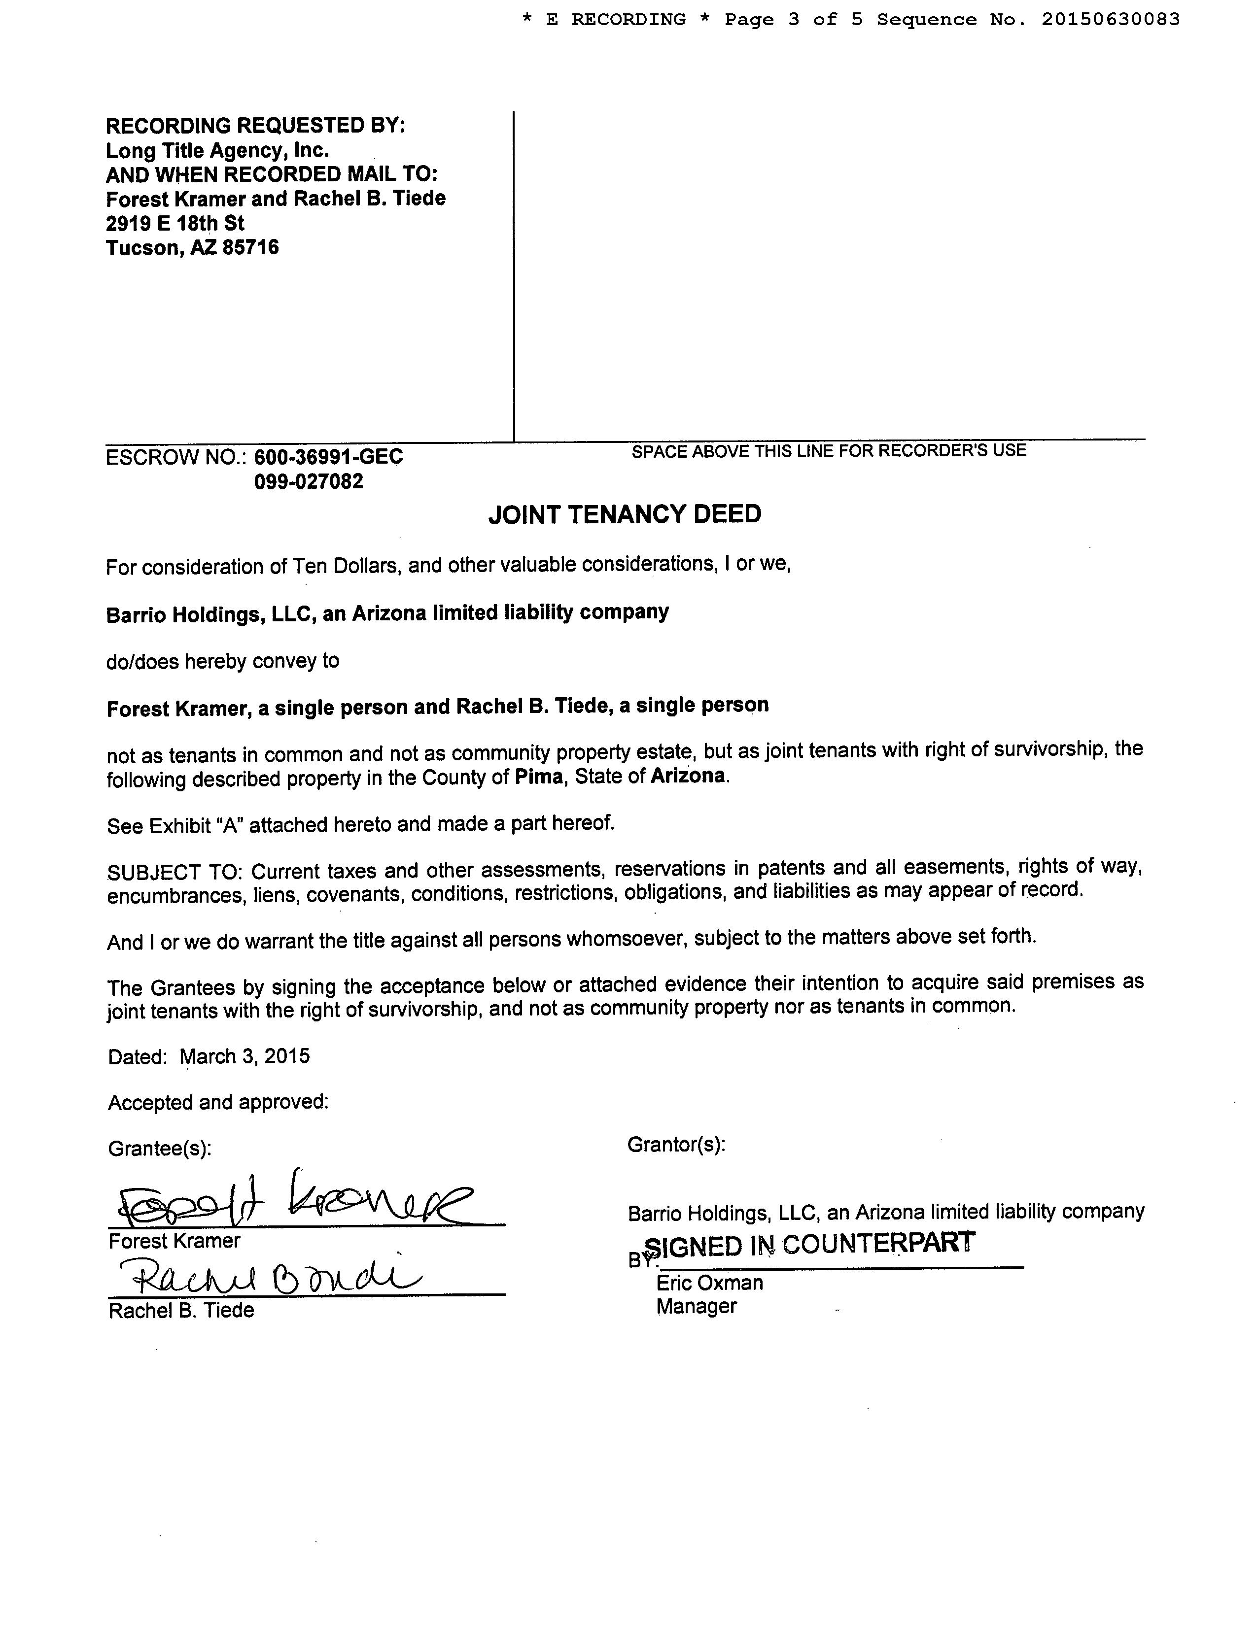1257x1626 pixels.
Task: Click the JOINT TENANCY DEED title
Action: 624,514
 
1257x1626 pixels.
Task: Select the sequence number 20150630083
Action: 1110,20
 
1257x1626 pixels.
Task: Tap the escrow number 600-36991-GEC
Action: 328,457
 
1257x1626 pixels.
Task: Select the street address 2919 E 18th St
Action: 175,223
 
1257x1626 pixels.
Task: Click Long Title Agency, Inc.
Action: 217,150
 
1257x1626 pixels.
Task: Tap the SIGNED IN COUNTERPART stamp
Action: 809,1244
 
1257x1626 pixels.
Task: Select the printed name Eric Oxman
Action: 709,1283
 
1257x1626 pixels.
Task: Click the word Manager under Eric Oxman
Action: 696,1307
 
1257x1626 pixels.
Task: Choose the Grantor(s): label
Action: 676,1144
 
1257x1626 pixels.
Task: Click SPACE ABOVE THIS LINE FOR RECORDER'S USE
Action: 828,450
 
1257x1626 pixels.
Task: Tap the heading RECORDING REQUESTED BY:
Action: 255,125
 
